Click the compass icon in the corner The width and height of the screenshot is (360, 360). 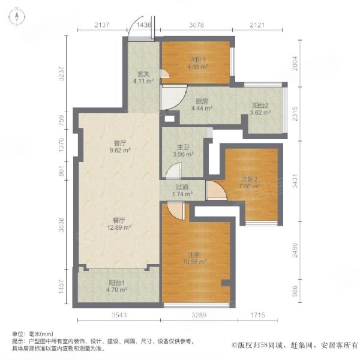tap(17, 17)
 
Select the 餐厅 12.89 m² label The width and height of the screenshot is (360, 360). tap(119, 224)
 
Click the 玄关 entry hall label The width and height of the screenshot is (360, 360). tap(143, 77)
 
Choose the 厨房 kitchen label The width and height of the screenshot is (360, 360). tap(202, 104)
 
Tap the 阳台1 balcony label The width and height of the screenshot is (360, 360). tap(116, 286)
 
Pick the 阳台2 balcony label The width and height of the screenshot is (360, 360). tap(260, 109)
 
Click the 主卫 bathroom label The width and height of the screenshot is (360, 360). tap(183, 151)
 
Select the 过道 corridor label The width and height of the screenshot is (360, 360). tap(182, 191)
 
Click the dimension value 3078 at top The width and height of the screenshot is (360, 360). tap(197, 25)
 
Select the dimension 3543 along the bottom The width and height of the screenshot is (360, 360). tap(119, 315)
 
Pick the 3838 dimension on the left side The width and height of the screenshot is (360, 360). tap(61, 225)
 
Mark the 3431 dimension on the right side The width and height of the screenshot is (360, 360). tap(295, 181)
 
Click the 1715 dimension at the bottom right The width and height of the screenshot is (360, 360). tap(258, 315)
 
